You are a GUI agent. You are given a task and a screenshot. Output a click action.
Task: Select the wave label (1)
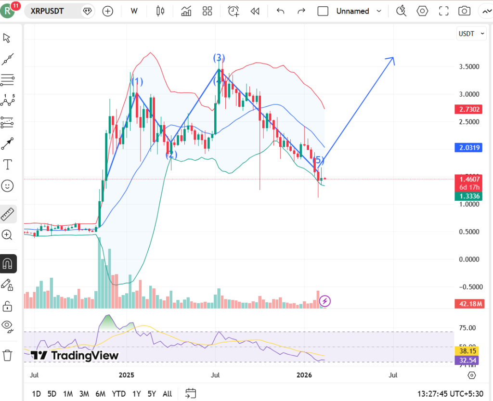tap(137, 81)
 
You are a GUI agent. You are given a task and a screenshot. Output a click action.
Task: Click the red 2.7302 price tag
tap(467, 110)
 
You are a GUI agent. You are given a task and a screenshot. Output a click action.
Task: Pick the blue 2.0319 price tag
tap(467, 148)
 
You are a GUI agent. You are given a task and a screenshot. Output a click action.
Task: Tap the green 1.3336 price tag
tap(467, 196)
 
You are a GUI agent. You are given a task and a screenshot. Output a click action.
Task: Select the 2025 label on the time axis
tap(126, 375)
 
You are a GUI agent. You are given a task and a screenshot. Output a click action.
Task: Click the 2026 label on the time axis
tap(304, 375)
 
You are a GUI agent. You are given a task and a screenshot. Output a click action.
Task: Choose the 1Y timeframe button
tap(137, 394)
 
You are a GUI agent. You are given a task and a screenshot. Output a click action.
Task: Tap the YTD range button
tap(118, 394)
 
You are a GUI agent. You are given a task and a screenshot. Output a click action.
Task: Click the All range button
tap(167, 394)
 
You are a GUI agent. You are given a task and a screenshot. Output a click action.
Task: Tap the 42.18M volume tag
tap(467, 304)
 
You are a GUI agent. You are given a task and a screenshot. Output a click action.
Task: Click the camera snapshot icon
tap(464, 11)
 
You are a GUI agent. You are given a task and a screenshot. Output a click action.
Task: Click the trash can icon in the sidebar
tap(8, 356)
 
